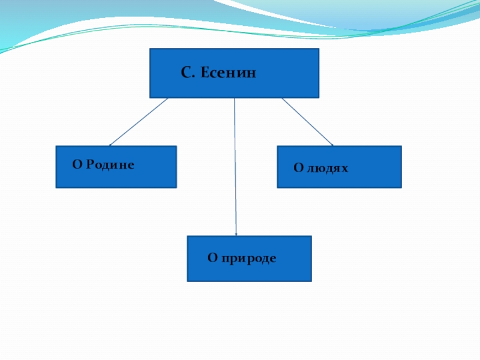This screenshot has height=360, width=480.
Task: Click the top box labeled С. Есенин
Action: click(234, 73)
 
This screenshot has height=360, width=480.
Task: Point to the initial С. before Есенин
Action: click(187, 73)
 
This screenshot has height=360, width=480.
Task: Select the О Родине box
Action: click(116, 167)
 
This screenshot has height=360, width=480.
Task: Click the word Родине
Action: click(109, 164)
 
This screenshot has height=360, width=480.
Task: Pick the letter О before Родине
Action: click(76, 164)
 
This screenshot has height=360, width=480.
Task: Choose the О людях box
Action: click(339, 167)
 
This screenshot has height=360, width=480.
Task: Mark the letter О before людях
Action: click(297, 168)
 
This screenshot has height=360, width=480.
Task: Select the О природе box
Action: click(249, 259)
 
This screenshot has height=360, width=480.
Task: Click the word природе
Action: click(248, 259)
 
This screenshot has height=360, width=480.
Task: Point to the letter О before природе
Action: click(212, 258)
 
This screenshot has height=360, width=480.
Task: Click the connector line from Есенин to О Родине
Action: click(139, 122)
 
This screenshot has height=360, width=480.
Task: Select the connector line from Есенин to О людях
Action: click(307, 122)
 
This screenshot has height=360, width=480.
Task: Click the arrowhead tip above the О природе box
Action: click(236, 235)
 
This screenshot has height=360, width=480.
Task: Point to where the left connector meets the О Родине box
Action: click(110, 146)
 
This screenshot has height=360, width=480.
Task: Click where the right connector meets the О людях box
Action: click(333, 146)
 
